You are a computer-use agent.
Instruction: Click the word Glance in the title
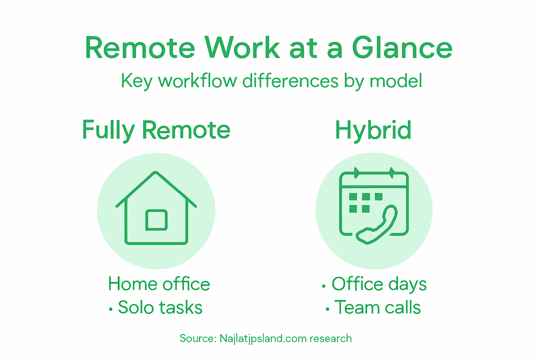pyautogui.click(x=402, y=48)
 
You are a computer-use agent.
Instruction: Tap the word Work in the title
pyautogui.click(x=242, y=48)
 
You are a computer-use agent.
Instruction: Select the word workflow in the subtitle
pyautogui.click(x=197, y=81)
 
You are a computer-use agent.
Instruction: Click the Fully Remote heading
pyautogui.click(x=156, y=130)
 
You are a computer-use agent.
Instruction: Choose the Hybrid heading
pyautogui.click(x=373, y=130)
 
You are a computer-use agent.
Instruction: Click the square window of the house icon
pyautogui.click(x=156, y=220)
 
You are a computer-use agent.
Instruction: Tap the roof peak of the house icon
pyautogui.click(x=156, y=173)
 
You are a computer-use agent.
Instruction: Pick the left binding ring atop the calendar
pyautogui.click(x=357, y=173)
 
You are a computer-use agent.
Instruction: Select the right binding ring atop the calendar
pyautogui.click(x=392, y=173)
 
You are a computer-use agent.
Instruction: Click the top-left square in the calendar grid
pyautogui.click(x=353, y=197)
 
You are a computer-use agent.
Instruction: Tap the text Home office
pyautogui.click(x=159, y=284)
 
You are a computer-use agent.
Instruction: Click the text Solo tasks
pyautogui.click(x=160, y=308)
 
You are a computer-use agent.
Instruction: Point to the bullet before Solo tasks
pyautogui.click(x=111, y=309)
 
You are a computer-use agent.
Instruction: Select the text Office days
pyautogui.click(x=379, y=284)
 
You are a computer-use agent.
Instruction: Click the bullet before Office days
pyautogui.click(x=324, y=286)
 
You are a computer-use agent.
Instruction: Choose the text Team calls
pyautogui.click(x=377, y=308)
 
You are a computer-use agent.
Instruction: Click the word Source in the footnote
pyautogui.click(x=197, y=339)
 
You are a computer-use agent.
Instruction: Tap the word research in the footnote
pyautogui.click(x=330, y=339)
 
